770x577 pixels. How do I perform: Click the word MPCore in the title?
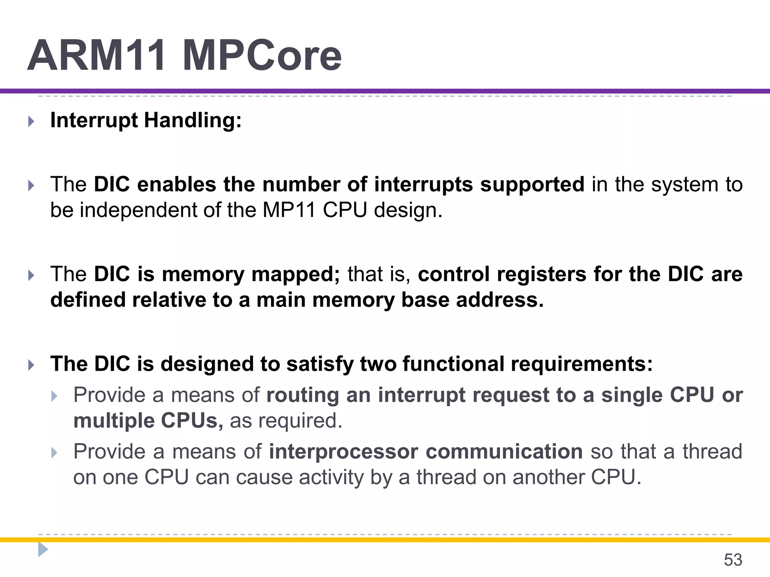[x=262, y=56]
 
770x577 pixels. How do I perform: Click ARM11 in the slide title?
[x=97, y=56]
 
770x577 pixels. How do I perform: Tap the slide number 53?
[x=733, y=560]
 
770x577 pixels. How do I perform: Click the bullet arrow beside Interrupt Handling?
[x=32, y=121]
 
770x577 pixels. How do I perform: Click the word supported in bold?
[x=532, y=184]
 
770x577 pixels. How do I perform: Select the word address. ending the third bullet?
[x=500, y=300]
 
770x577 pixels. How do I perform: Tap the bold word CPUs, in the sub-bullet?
[x=192, y=421]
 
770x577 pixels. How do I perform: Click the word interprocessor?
[x=343, y=452]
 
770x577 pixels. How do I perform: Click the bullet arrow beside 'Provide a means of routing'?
[x=55, y=396]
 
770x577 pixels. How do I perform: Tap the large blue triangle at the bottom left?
[x=43, y=550]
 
